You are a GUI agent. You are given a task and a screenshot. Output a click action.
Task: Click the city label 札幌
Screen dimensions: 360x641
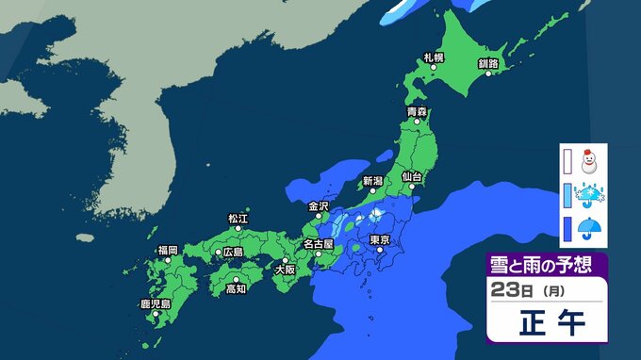[x=434, y=58]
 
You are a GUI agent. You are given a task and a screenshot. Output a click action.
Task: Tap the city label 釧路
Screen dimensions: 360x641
[x=488, y=62]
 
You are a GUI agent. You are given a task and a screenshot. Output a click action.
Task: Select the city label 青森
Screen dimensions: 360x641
[x=417, y=112]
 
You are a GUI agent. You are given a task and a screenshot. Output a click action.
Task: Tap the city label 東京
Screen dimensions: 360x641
[x=381, y=240]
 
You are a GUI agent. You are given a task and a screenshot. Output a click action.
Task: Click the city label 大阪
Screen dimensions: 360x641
[x=284, y=270]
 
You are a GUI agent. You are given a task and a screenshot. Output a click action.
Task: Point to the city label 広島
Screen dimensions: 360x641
[x=231, y=253]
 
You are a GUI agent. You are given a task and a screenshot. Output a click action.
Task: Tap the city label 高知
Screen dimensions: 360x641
[x=235, y=289]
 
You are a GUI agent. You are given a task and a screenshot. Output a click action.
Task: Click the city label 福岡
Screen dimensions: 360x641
[x=168, y=250]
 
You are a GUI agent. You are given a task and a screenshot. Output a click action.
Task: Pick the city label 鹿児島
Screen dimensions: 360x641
[x=154, y=303]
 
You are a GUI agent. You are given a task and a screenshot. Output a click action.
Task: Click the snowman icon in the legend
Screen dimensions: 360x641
[x=592, y=163]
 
